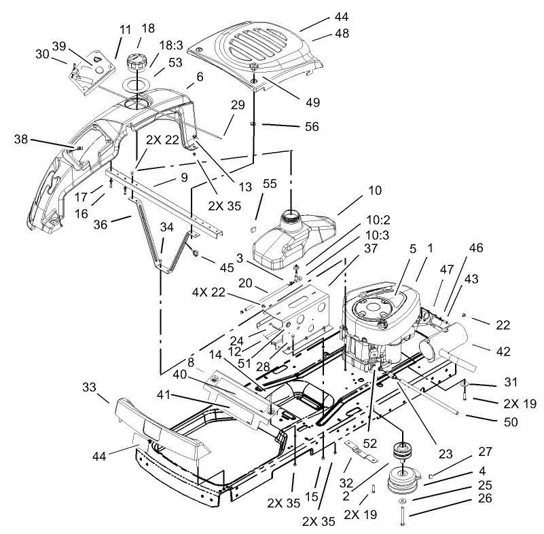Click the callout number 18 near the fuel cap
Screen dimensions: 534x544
click(x=147, y=28)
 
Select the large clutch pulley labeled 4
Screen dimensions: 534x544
click(x=403, y=483)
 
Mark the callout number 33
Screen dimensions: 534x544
click(x=90, y=387)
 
